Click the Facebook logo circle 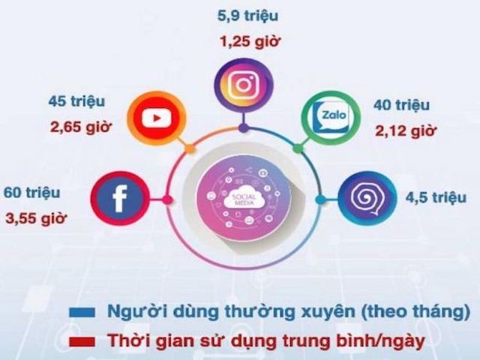[119, 200]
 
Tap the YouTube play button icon [153, 118]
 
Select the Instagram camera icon [242, 85]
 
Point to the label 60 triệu [31, 193]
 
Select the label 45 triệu [77, 101]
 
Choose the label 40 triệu [403, 105]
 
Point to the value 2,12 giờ [405, 132]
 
